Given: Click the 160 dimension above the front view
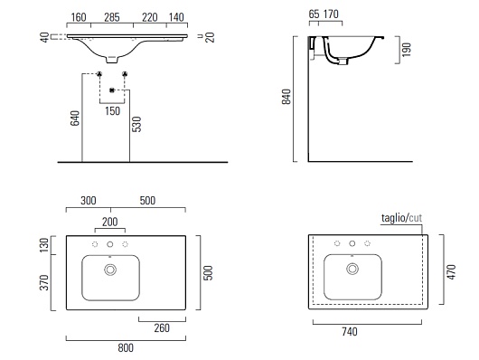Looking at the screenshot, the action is click(x=79, y=17).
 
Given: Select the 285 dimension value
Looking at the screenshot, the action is click(x=112, y=17).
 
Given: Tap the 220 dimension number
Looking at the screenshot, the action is click(x=150, y=17).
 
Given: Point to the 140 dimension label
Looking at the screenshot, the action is click(x=176, y=17).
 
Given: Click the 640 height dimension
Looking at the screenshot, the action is click(x=75, y=118).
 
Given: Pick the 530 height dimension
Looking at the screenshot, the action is click(x=136, y=124).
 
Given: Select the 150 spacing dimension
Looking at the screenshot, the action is click(x=112, y=111).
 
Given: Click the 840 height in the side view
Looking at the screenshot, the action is click(x=286, y=97).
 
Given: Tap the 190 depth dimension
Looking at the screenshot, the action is click(x=407, y=50).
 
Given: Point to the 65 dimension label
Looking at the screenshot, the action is click(x=314, y=14).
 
